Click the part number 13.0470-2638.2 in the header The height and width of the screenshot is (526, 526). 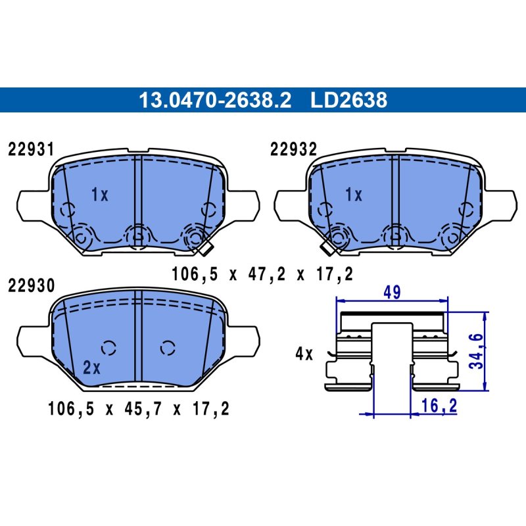(x=215, y=100)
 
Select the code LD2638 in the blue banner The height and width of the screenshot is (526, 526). (x=348, y=100)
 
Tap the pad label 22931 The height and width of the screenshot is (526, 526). (x=31, y=149)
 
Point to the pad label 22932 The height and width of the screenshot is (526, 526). (x=293, y=149)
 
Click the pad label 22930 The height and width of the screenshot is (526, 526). (x=31, y=286)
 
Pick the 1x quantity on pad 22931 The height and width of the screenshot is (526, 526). (x=100, y=195)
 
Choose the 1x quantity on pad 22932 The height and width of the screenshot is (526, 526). (x=354, y=195)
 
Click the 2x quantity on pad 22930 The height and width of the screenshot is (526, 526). (x=91, y=368)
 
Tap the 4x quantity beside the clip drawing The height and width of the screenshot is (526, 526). (x=304, y=354)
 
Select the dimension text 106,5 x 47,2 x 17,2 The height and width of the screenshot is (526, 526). (x=262, y=274)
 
